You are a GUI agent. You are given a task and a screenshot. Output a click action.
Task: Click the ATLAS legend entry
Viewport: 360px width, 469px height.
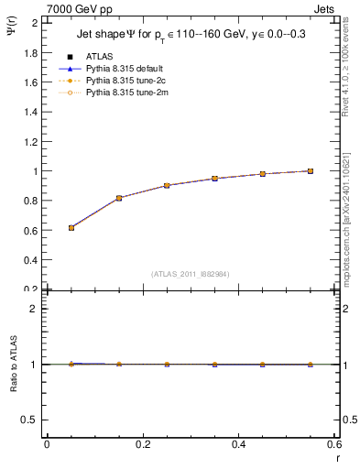[99, 56]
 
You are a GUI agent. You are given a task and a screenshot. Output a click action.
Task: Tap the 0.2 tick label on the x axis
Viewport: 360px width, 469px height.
[143, 443]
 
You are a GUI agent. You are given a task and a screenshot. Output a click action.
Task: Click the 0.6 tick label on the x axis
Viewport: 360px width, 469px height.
[333, 443]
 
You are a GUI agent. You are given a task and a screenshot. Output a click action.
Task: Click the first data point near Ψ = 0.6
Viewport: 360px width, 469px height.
[71, 227]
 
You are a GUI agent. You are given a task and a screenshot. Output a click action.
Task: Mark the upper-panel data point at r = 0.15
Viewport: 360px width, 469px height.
[119, 198]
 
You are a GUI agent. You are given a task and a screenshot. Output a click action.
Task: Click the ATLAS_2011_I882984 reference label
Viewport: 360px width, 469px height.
[191, 274]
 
